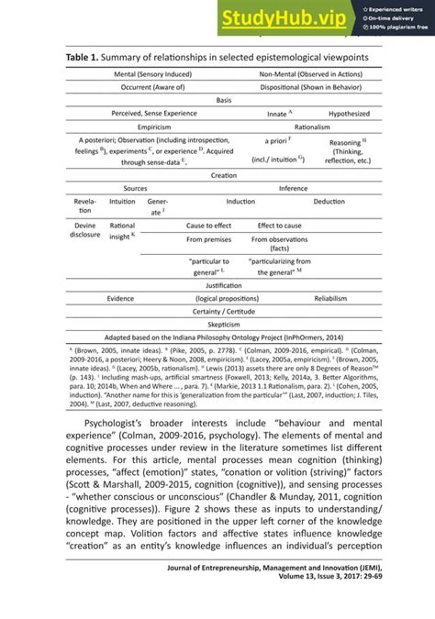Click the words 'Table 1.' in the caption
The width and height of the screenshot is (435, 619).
click(x=86, y=58)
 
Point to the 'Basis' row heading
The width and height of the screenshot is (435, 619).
click(x=223, y=100)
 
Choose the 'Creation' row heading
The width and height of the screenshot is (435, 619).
click(x=223, y=174)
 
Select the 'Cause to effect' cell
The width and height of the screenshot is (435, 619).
click(x=208, y=225)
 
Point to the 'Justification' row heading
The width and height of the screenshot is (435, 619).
click(x=223, y=285)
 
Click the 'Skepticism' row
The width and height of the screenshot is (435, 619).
click(x=223, y=325)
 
